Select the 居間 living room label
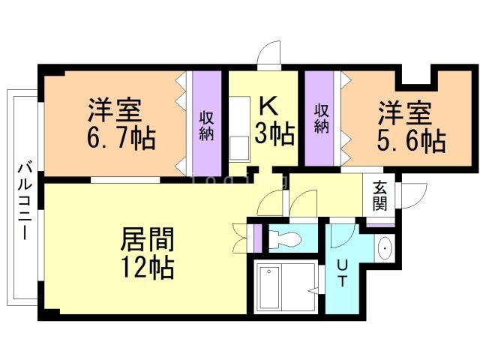click(148, 240)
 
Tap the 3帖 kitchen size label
click(273, 133)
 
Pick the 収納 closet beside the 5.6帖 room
click(322, 118)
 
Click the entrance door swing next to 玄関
click(410, 197)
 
